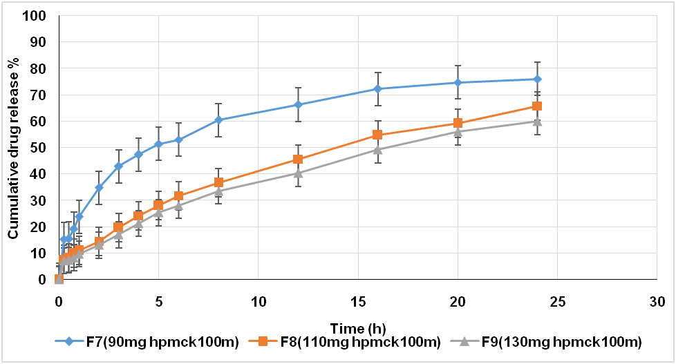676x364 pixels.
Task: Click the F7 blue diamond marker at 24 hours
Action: [x=537, y=79]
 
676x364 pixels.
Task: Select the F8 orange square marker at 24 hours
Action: [x=537, y=106]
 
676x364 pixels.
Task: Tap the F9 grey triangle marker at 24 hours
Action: [x=537, y=122]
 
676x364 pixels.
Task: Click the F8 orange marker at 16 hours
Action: [x=377, y=135]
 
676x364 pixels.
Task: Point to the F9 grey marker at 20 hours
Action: [x=458, y=132]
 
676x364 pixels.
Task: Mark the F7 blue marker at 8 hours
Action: [x=218, y=119]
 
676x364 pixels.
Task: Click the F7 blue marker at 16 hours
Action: [x=377, y=88]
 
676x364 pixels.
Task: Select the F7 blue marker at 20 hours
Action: [x=458, y=82]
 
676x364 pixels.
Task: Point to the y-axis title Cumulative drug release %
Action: [x=13, y=148]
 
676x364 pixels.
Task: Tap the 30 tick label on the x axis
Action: [x=657, y=302]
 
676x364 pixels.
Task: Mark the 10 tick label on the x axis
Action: [x=258, y=302]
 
